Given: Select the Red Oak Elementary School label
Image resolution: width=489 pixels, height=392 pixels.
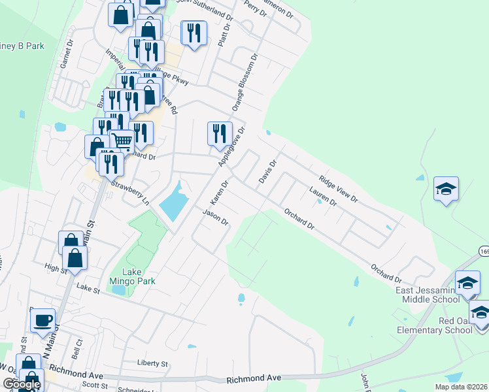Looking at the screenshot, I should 434,325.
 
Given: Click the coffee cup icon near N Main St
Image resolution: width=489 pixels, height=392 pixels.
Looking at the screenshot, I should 43,321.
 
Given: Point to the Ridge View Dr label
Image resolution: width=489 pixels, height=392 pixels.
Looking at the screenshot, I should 338,188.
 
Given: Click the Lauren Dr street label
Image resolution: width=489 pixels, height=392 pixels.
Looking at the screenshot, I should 322,197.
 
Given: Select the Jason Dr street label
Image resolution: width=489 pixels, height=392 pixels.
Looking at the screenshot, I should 215,217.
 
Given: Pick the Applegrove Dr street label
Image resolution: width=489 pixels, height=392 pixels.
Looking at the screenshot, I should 234,146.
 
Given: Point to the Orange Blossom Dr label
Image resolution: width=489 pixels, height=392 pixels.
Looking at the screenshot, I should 246,82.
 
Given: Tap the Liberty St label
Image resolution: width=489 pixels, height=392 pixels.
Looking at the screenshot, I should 153,363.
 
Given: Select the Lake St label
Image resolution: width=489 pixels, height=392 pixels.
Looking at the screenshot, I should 87,287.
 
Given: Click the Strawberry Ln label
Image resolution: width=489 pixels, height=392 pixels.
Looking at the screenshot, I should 130,193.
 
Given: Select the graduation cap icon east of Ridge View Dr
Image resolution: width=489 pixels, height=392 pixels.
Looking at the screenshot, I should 446,189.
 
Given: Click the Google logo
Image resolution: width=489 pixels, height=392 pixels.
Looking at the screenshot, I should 21,385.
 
